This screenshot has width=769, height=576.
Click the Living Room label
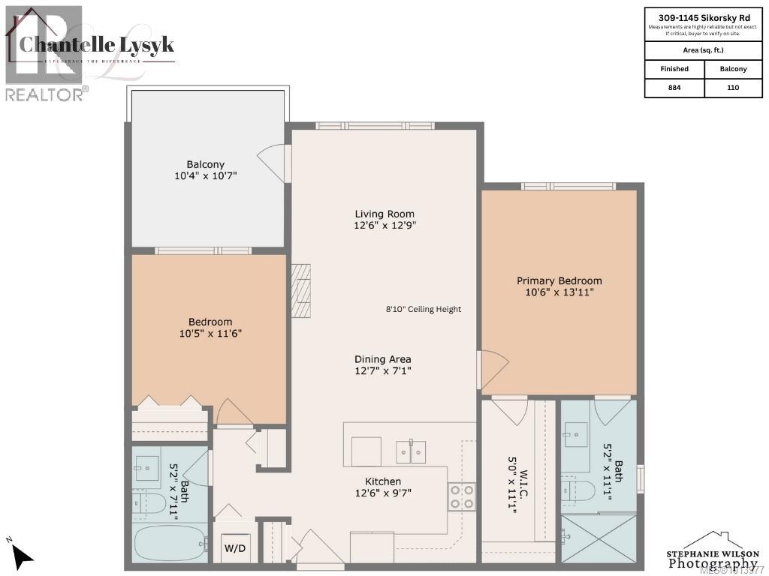pos(384,214)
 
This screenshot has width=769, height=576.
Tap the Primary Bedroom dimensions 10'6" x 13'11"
pos(559,292)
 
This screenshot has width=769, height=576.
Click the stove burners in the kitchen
pos(462,496)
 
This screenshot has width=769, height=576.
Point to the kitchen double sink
pos(411,452)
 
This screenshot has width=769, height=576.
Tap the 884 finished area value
pos(674,88)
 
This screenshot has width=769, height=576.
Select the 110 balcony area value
pos(733,88)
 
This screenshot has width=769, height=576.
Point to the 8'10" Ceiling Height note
pos(424,309)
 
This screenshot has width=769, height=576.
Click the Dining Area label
pos(383,359)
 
